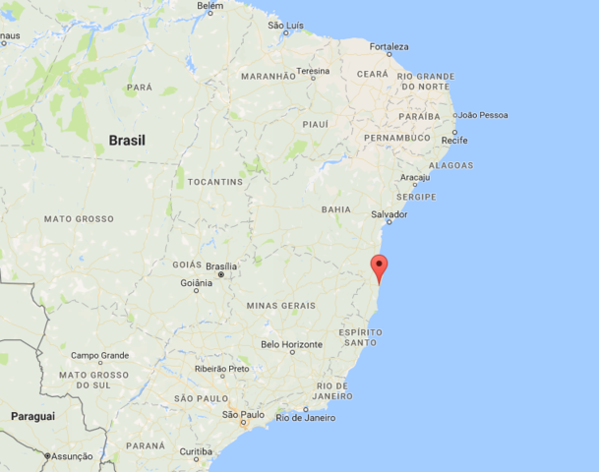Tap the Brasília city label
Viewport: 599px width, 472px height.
point(221,266)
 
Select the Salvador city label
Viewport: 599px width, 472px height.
point(389,214)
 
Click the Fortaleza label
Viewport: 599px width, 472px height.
point(389,46)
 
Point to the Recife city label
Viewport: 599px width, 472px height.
point(454,141)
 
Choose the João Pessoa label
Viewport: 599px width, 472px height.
point(483,115)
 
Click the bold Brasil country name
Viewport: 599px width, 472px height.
point(127,141)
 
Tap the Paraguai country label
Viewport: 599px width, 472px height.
point(32,416)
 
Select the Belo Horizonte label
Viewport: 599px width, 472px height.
point(291,344)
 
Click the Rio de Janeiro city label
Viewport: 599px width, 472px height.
point(305,418)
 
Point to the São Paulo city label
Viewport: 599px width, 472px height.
point(243,415)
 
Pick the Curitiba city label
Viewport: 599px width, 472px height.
point(196,451)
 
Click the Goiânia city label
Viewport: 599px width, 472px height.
point(196,283)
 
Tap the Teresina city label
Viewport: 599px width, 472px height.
point(313,71)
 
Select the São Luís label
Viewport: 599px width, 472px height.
point(285,25)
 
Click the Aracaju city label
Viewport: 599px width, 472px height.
point(415,178)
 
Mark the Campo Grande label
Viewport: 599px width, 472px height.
point(99,355)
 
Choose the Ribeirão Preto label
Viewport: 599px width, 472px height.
point(222,369)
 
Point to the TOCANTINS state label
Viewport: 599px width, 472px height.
point(216,182)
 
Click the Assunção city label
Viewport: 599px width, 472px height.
point(71,456)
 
